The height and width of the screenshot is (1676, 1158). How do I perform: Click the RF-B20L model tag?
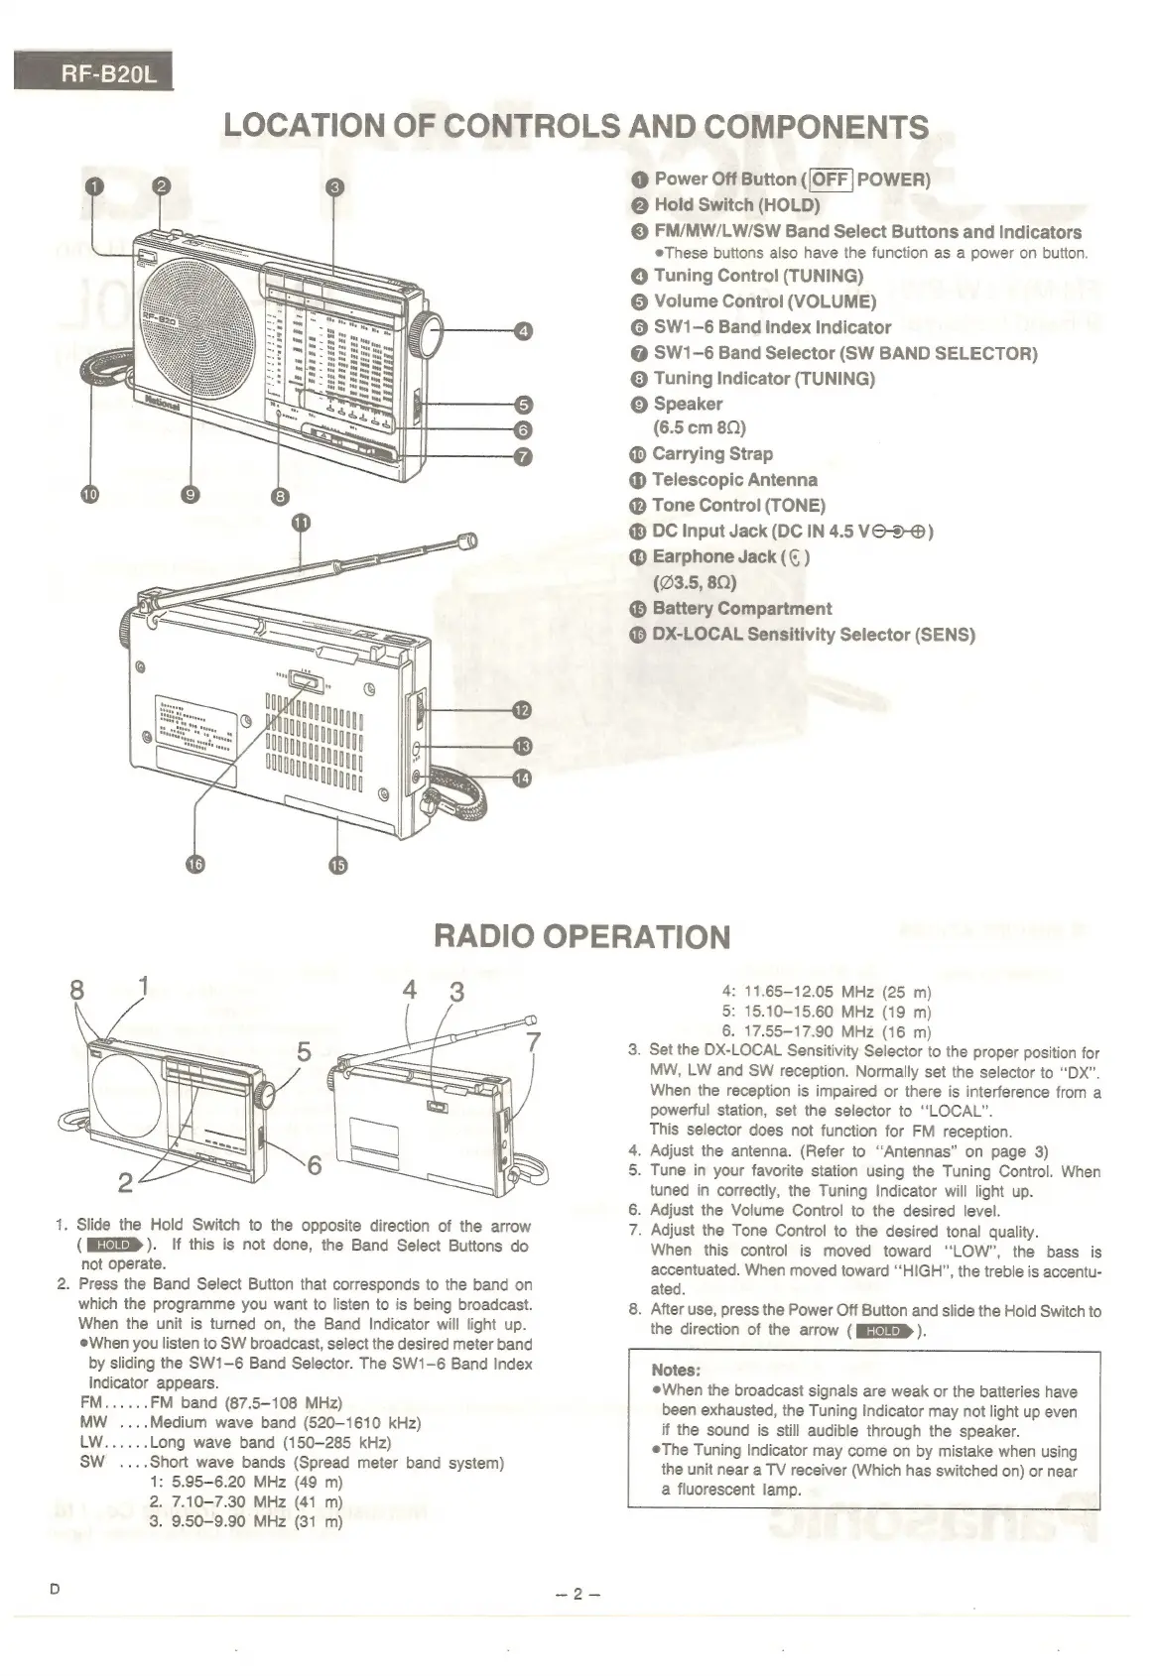(x=93, y=75)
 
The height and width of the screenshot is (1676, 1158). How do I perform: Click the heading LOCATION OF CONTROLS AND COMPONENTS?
(x=576, y=127)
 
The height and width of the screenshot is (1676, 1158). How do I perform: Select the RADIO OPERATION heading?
(x=582, y=936)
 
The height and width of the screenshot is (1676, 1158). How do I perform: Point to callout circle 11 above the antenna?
(x=302, y=523)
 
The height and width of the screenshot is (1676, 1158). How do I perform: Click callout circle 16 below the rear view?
(x=195, y=865)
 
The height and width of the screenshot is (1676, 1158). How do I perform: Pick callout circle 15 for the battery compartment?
(x=338, y=865)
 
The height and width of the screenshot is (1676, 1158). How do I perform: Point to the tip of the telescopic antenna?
(x=464, y=540)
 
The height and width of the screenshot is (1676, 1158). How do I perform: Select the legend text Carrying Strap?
(x=712, y=454)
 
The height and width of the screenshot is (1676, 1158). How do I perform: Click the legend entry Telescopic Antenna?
(x=734, y=480)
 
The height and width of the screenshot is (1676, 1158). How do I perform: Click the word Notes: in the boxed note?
(x=677, y=1371)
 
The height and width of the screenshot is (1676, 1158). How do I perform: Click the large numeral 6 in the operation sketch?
(x=314, y=1167)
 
